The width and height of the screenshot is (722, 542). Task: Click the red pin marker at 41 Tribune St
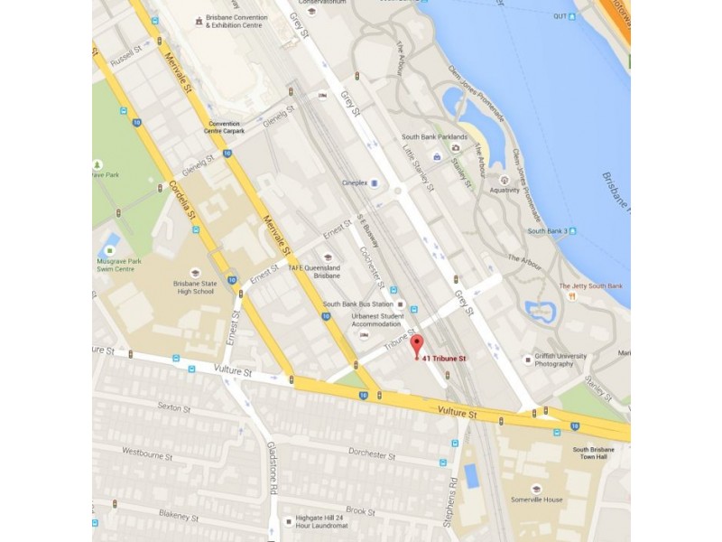(416, 344)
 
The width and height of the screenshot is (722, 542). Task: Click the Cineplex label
(354, 182)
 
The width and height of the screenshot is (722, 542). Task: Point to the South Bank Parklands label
(431, 137)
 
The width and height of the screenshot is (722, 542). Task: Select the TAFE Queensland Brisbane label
(314, 273)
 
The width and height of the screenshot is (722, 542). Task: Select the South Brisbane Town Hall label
(592, 453)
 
